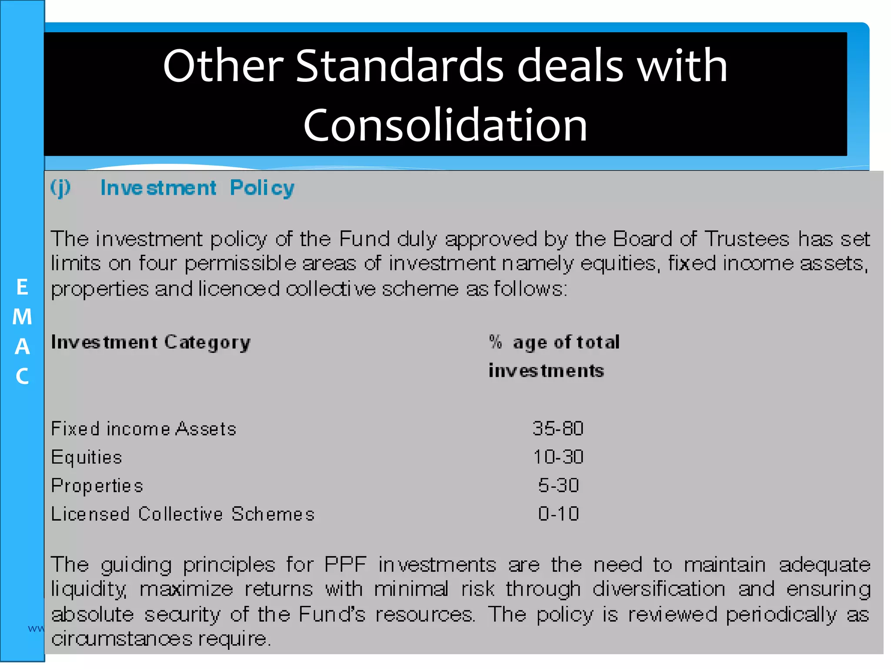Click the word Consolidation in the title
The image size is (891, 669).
(x=445, y=125)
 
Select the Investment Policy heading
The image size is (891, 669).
(x=197, y=188)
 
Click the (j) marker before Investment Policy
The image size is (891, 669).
(x=60, y=188)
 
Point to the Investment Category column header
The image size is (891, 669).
(x=151, y=342)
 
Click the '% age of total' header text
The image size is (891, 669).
(x=554, y=342)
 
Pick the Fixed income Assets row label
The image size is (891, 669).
(x=144, y=429)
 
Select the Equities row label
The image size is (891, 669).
(x=87, y=457)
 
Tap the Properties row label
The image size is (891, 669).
(x=97, y=486)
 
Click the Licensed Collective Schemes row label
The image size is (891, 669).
(x=183, y=514)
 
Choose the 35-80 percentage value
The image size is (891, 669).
(x=558, y=429)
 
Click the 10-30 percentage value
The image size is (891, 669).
(x=558, y=457)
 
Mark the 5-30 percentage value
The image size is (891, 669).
(x=558, y=486)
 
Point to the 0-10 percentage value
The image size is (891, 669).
(x=558, y=514)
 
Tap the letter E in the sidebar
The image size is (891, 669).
(x=22, y=287)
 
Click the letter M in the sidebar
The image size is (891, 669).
(x=22, y=317)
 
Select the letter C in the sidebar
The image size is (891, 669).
(x=22, y=376)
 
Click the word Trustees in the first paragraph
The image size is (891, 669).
(x=747, y=239)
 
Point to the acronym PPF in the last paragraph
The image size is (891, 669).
(x=345, y=565)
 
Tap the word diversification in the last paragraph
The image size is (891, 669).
(x=659, y=589)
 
